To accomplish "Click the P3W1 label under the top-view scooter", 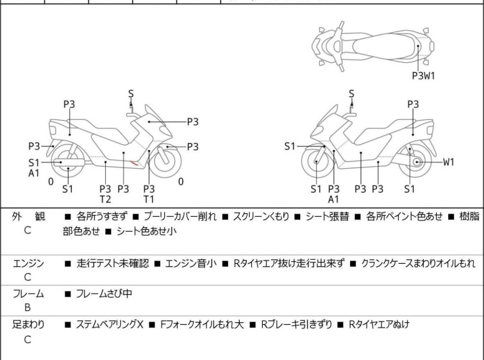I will point(423,75).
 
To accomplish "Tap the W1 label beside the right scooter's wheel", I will point(448,162).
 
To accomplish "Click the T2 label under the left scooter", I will point(105,199).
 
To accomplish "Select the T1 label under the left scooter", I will point(149,199).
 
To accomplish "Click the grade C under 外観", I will point(28,229).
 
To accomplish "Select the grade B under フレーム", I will point(28,307).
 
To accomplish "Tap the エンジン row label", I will point(29,262).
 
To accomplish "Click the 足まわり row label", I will point(29,325).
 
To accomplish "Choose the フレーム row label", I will point(29,294).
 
